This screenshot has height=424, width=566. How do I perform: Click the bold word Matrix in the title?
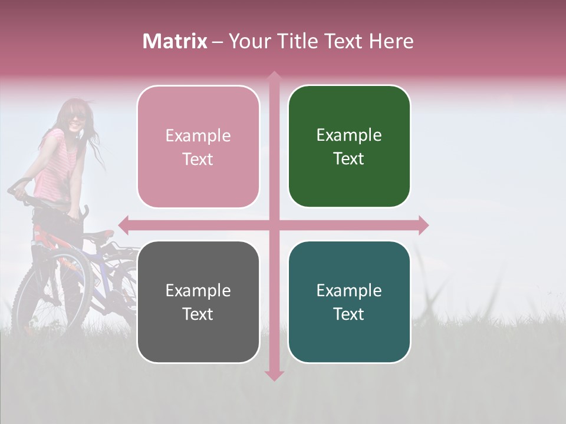coord(175,41)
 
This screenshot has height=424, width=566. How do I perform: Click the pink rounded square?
coord(198,147)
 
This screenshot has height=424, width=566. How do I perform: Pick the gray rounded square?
coord(198,302)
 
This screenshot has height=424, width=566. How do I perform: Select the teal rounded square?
coord(349,302)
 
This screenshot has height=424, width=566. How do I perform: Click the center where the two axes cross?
coord(274,225)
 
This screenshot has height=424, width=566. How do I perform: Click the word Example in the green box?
coord(349,135)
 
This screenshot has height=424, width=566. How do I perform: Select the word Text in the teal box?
coord(349,314)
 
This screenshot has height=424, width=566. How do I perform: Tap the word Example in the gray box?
coord(198,290)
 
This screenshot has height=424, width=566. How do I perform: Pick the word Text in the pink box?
coord(198,159)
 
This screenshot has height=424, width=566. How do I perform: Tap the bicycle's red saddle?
coord(100,234)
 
